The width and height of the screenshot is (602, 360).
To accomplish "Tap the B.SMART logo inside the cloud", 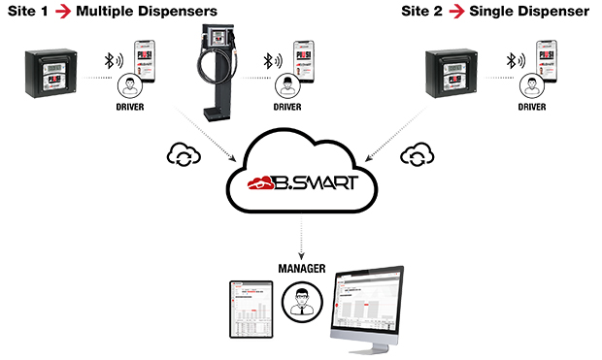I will (x=299, y=181).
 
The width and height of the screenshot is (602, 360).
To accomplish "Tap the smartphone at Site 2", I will (x=550, y=59).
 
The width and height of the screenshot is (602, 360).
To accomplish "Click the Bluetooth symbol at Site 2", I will (x=510, y=61).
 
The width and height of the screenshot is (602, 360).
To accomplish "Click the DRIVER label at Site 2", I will (x=532, y=106).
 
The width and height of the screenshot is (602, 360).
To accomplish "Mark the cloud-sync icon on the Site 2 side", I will (x=416, y=152).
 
